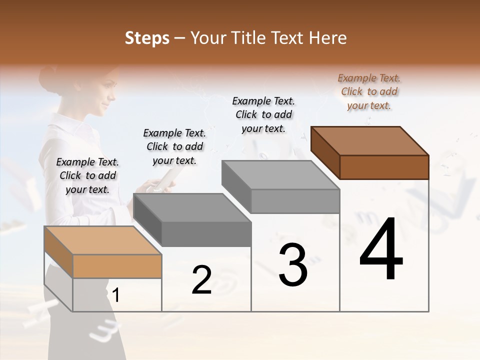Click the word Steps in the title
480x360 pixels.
147,38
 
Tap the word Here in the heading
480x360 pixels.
326,38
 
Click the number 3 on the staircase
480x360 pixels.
292,265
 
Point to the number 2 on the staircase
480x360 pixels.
201,280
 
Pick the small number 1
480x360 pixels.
116,295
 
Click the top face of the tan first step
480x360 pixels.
103,240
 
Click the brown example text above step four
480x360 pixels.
369,91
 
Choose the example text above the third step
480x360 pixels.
263,114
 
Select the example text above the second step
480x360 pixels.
174,146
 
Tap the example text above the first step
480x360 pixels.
87,175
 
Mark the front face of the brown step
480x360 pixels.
384,167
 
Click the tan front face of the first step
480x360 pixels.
117,266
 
